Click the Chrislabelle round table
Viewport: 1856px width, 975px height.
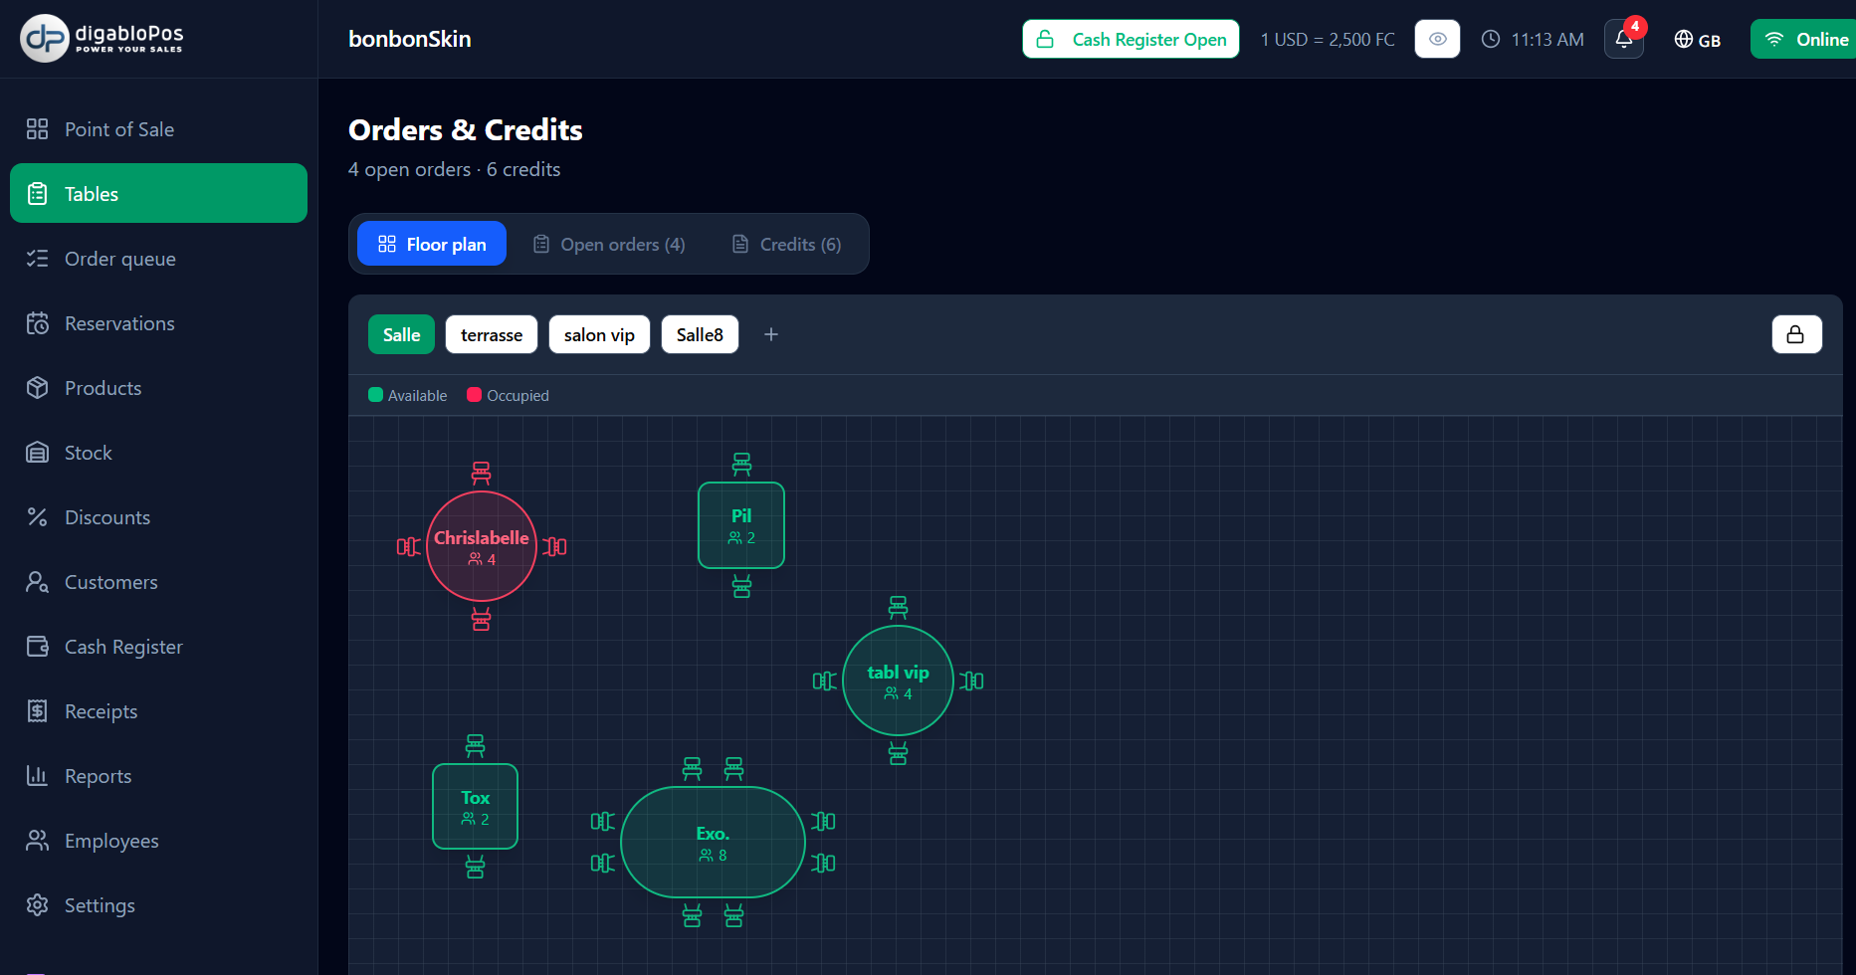coord(482,546)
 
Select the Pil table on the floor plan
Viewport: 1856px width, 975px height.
coord(741,525)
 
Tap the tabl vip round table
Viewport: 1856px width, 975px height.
coord(898,681)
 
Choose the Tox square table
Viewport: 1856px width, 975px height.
coord(476,806)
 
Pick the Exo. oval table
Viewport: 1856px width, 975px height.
coord(713,842)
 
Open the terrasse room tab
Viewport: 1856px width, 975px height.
coord(492,334)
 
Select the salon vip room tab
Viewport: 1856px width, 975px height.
coord(599,334)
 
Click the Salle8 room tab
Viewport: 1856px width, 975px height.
coord(700,334)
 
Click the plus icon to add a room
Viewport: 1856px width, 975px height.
coord(771,334)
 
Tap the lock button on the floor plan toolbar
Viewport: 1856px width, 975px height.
coord(1796,334)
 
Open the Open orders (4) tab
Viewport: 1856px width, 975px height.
coord(609,244)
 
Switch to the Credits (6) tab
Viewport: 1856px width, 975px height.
coord(787,244)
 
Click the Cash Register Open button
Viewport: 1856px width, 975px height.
coord(1131,39)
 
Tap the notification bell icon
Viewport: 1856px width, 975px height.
coord(1624,39)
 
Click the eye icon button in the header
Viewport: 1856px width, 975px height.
coord(1437,39)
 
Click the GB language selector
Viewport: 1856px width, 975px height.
coord(1698,40)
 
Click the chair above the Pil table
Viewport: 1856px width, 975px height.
coord(741,464)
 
